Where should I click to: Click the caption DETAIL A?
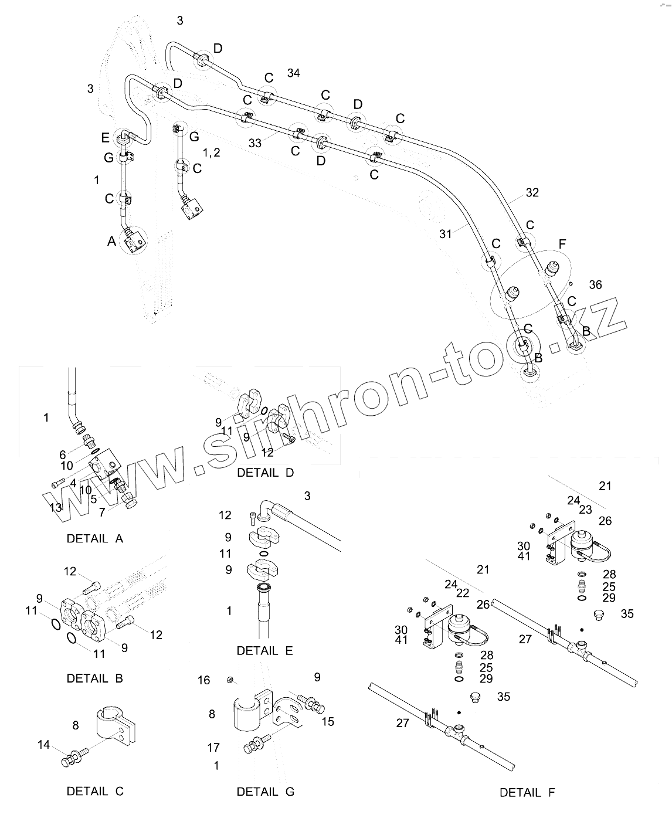[95, 538]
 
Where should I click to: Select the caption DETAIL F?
[527, 793]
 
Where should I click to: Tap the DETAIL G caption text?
[265, 792]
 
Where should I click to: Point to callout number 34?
[294, 73]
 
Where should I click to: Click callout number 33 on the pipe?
[255, 142]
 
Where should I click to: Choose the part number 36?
[595, 285]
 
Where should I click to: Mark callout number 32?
[532, 192]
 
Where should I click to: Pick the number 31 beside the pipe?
[446, 233]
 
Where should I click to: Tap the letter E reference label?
[106, 138]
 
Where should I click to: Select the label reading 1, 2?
[211, 152]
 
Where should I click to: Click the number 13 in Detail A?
[55, 508]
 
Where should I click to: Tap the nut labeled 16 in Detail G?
[230, 680]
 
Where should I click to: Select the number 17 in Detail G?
[213, 748]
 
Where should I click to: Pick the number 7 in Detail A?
[102, 512]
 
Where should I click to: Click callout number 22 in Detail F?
[463, 593]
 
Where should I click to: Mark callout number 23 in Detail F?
[585, 510]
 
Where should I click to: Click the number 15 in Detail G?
[328, 721]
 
